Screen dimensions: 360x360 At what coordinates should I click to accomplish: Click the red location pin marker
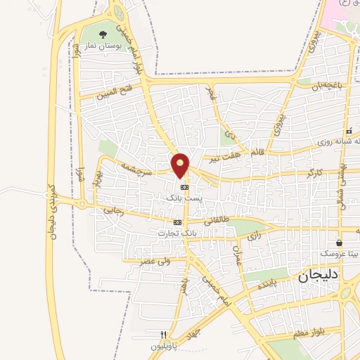(x=181, y=165)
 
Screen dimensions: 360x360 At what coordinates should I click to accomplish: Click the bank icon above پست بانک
(x=184, y=188)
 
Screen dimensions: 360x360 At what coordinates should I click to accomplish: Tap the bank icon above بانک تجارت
(x=177, y=222)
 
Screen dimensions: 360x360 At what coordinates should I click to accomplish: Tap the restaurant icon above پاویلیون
(x=164, y=335)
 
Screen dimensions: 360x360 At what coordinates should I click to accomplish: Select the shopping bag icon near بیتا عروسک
(x=340, y=240)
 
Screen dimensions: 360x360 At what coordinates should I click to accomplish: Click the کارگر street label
(x=314, y=172)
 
